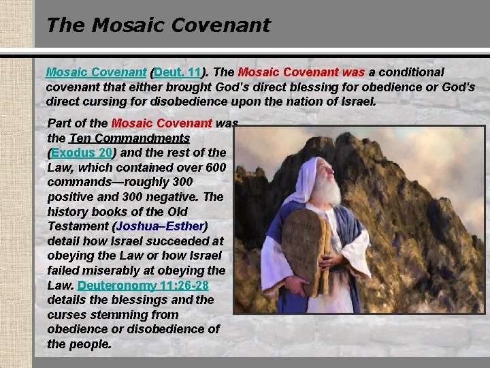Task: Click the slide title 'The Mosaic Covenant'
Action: [x=158, y=25]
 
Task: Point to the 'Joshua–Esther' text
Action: [x=161, y=226]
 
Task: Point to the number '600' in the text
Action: [x=215, y=167]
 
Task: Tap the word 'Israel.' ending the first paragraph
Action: [x=354, y=102]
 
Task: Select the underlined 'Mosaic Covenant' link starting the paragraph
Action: [x=96, y=72]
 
